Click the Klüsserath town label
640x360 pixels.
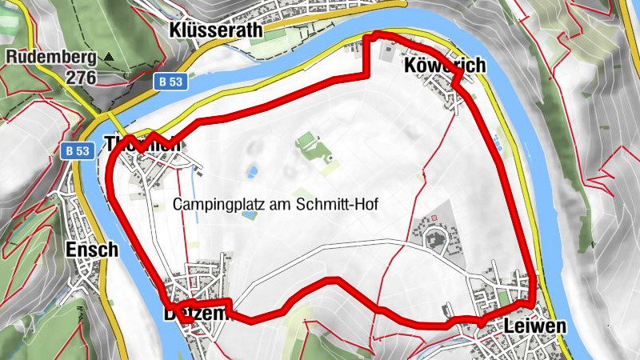[215, 30]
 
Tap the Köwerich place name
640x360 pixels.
[445, 65]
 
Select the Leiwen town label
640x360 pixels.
[535, 326]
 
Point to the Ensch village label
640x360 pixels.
[92, 249]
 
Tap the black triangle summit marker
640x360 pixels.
[110, 58]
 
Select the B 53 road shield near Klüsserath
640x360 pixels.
[170, 81]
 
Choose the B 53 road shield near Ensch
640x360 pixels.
[77, 150]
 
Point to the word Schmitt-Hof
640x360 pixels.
[340, 204]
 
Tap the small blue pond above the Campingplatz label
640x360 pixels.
[252, 171]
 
